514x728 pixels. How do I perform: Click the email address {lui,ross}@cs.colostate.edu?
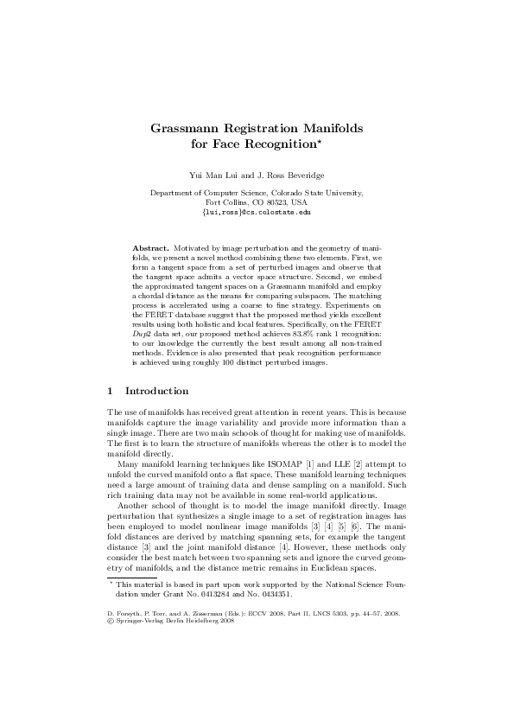pyautogui.click(x=257, y=210)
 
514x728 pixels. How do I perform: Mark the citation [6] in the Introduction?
pyautogui.click(x=385, y=525)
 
